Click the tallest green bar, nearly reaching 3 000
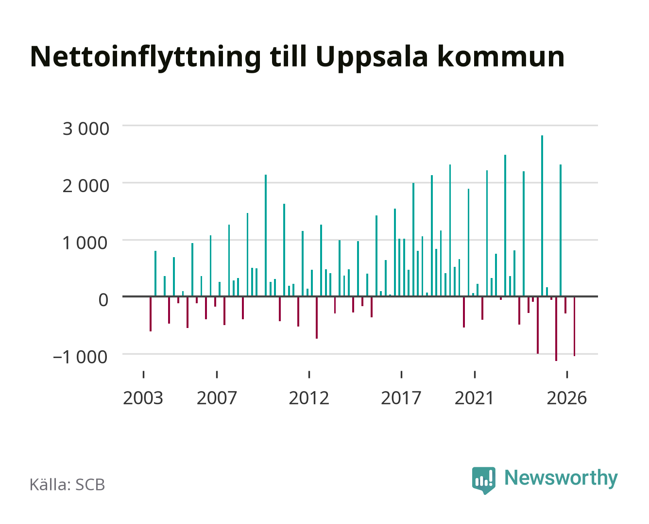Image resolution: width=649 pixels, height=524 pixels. [x=542, y=215]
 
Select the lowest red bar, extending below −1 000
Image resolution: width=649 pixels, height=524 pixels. [x=556, y=328]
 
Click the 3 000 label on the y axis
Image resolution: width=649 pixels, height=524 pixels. [x=85, y=129]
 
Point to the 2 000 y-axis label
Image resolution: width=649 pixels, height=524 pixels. [x=85, y=186]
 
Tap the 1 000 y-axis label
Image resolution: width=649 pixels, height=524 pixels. [x=85, y=243]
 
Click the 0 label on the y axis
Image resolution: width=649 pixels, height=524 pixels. [x=103, y=300]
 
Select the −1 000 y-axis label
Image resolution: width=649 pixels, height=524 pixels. [x=80, y=357]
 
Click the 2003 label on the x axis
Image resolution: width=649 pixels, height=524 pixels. [x=143, y=398]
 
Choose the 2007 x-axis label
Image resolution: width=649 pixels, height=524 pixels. [x=217, y=398]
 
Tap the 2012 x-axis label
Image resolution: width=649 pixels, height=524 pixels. [x=309, y=398]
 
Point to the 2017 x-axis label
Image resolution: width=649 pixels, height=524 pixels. [x=401, y=398]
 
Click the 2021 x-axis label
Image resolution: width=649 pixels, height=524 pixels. [x=474, y=398]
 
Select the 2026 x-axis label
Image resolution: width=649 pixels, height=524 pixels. [x=567, y=398]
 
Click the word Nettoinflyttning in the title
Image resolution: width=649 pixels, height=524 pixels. [x=146, y=58]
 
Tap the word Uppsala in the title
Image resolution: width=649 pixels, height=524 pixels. [x=372, y=58]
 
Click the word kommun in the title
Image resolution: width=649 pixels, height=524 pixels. [x=501, y=57]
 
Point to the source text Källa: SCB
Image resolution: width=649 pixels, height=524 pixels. [x=67, y=485]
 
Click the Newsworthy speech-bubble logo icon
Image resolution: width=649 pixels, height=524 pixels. [x=483, y=480]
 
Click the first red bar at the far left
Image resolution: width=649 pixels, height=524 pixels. [x=151, y=314]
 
